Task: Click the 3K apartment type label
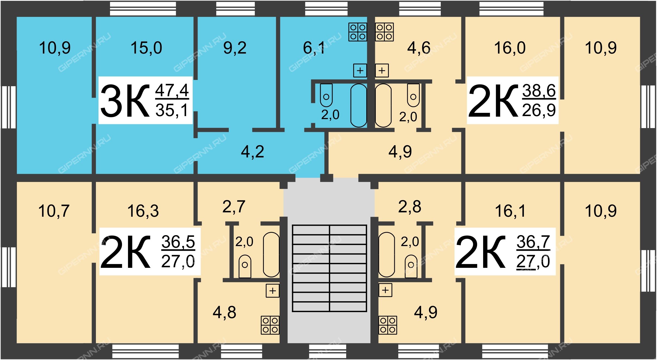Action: pyautogui.click(x=125, y=101)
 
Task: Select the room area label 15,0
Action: pyautogui.click(x=146, y=48)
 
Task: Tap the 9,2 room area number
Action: pyautogui.click(x=235, y=48)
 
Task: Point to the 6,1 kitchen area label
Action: pyautogui.click(x=314, y=48)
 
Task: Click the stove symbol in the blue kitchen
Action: pyautogui.click(x=358, y=32)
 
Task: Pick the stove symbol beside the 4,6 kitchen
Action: pyautogui.click(x=384, y=32)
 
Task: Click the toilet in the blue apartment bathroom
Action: pyautogui.click(x=326, y=95)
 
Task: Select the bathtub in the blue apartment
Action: pyautogui.click(x=359, y=105)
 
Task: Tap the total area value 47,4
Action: pyautogui.click(x=172, y=91)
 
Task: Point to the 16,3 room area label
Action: pyautogui.click(x=143, y=211)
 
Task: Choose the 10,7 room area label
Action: pyautogui.click(x=54, y=211)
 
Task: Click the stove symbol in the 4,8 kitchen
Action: pyautogui.click(x=270, y=325)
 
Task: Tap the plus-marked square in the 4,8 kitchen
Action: pyautogui.click(x=273, y=291)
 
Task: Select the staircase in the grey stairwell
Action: pyautogui.click(x=329, y=268)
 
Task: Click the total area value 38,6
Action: pyautogui.click(x=539, y=91)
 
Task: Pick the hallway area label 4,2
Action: pyautogui.click(x=252, y=152)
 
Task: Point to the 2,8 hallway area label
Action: pyautogui.click(x=410, y=207)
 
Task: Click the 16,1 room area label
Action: pyautogui.click(x=510, y=211)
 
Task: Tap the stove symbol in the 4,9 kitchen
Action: pyautogui.click(x=388, y=325)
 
